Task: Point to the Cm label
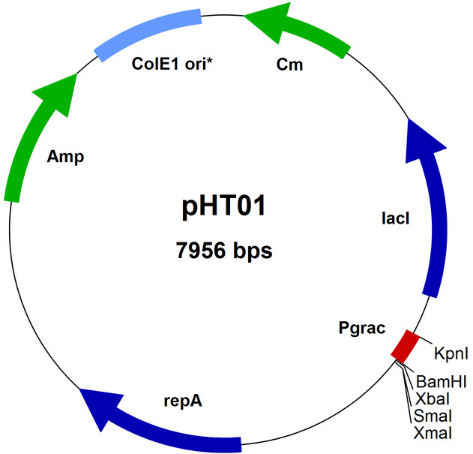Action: [290, 65]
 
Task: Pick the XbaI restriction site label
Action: [431, 399]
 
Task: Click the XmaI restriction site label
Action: [431, 432]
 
